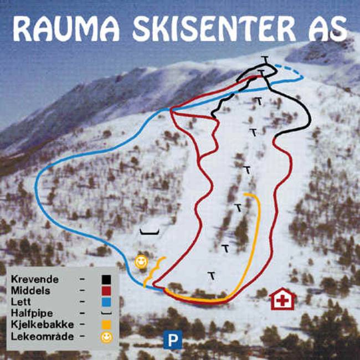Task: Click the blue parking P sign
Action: click(173, 339)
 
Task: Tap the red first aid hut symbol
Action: click(282, 300)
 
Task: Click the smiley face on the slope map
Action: click(142, 261)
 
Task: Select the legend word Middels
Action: click(30, 290)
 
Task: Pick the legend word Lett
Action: click(20, 301)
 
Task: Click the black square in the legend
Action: click(107, 279)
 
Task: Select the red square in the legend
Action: click(107, 290)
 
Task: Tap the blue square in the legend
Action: click(107, 301)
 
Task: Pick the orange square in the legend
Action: click(107, 324)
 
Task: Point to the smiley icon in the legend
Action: click(107, 336)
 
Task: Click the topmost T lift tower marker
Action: click(266, 59)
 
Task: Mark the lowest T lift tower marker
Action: click(211, 275)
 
